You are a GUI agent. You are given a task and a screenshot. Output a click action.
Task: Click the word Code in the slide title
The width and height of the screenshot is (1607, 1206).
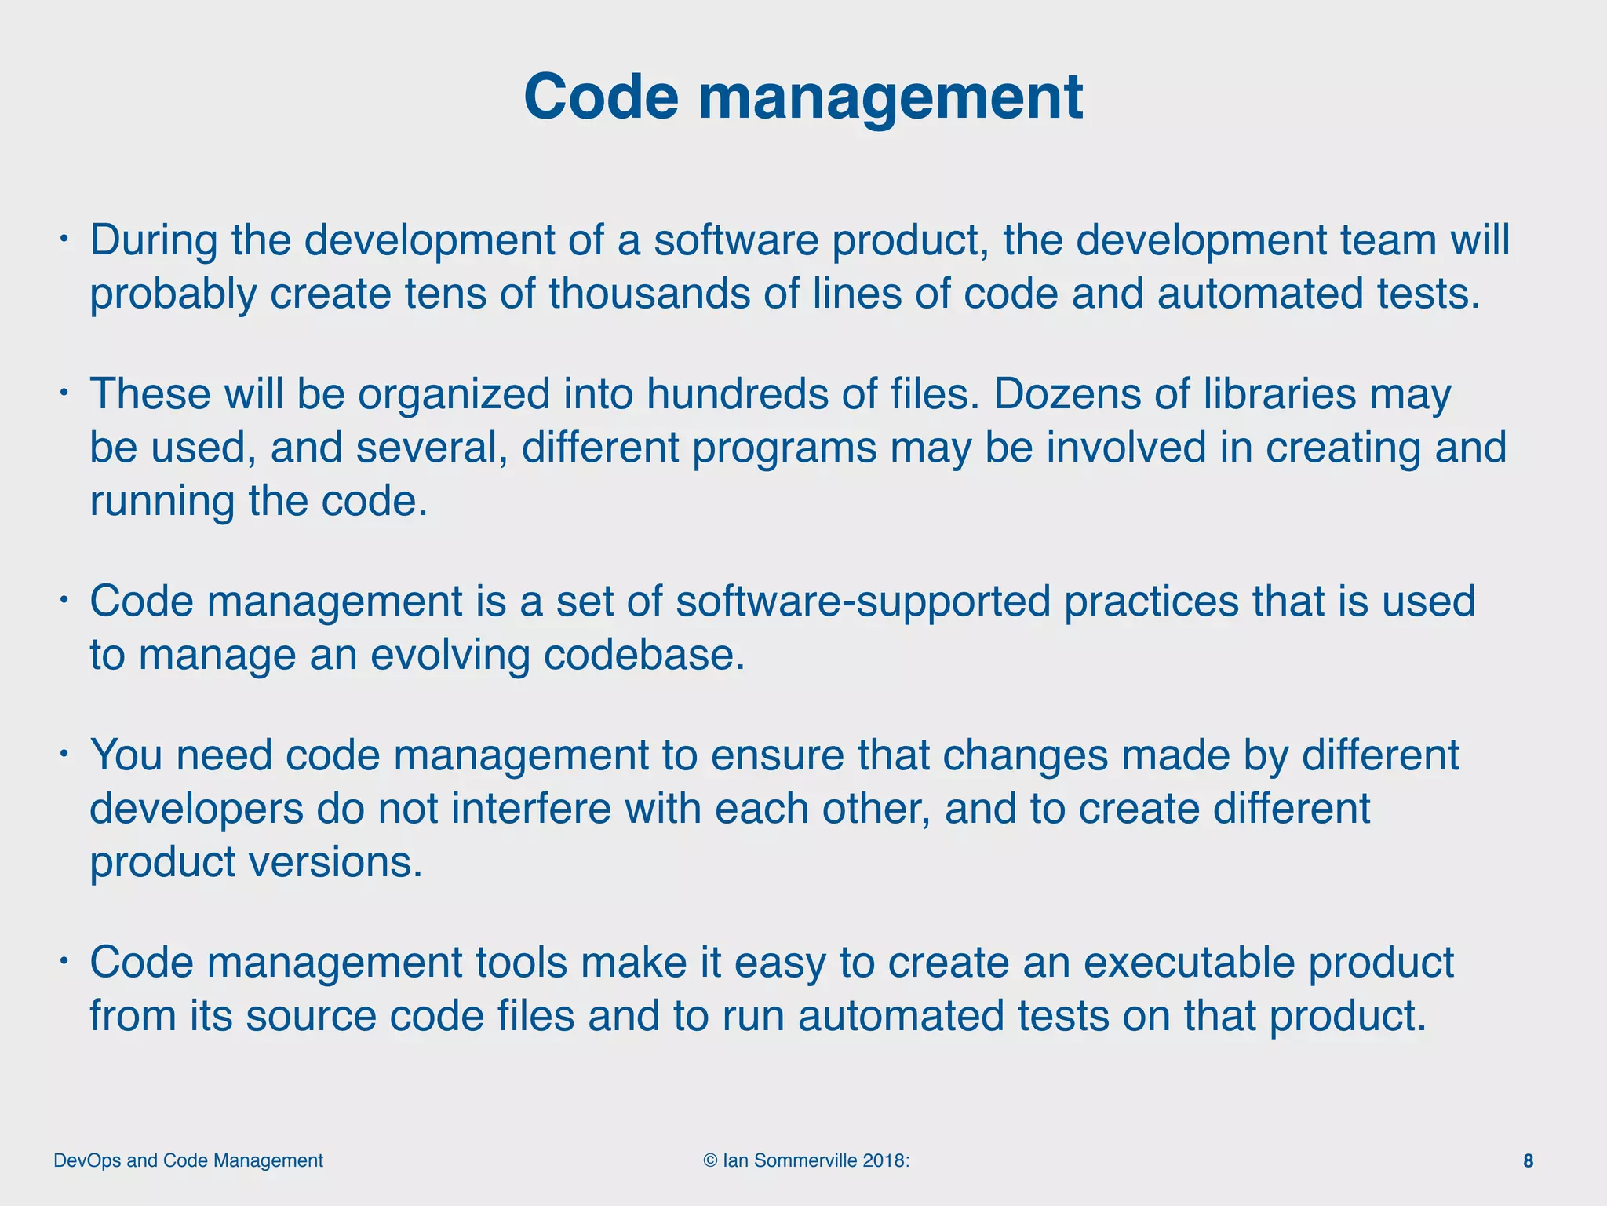pyautogui.click(x=600, y=97)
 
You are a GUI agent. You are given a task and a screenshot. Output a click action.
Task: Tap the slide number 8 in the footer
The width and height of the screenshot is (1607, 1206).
pyautogui.click(x=1528, y=1160)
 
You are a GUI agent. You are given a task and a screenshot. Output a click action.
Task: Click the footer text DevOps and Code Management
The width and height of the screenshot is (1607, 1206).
pyautogui.click(x=188, y=1160)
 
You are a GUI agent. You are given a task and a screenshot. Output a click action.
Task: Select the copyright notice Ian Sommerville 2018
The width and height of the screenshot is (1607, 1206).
pyautogui.click(x=807, y=1160)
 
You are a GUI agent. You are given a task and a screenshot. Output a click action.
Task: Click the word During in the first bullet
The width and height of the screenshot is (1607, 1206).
pyautogui.click(x=154, y=240)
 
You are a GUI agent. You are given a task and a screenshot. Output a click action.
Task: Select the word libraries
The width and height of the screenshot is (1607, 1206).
pyautogui.click(x=1280, y=394)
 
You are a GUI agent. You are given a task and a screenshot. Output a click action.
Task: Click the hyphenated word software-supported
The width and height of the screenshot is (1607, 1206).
pyautogui.click(x=862, y=601)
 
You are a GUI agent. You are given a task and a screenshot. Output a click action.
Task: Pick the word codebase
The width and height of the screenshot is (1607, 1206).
pyautogui.click(x=643, y=655)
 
